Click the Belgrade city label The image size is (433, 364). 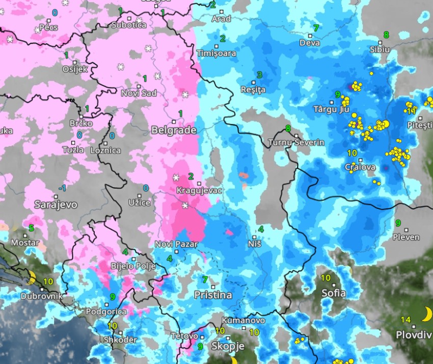coord(174,131)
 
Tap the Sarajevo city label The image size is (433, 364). coord(56,204)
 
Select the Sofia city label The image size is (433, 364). coord(334,293)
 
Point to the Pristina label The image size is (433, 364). coord(212,295)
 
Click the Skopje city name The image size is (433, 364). coord(228,346)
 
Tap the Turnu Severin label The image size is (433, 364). coord(296,142)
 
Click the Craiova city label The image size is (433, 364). coord(360,167)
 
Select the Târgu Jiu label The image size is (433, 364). coord(332,109)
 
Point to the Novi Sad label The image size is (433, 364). coord(139,93)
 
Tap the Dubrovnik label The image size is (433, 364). coord(42,296)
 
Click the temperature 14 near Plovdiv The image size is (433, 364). coord(405,320)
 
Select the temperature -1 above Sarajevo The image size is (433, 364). coord(62,188)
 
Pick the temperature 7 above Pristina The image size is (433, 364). coord(205,279)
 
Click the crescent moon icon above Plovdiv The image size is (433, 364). coord(426,314)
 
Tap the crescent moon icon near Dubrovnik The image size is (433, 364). coord(32,278)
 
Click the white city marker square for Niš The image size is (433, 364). coord(254,237)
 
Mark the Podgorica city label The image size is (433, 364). coord(106,312)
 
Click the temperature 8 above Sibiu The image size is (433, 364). coord(386,35)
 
